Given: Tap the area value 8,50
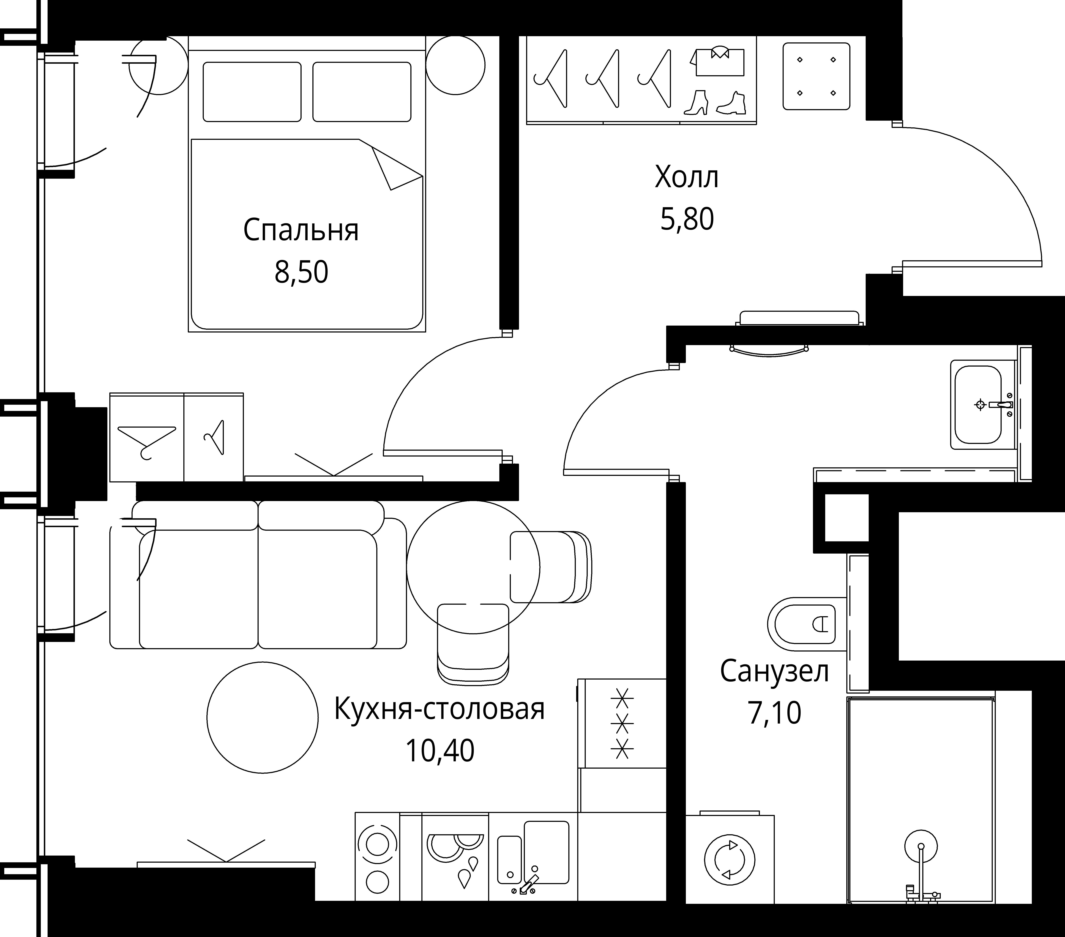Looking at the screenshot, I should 301,272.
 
